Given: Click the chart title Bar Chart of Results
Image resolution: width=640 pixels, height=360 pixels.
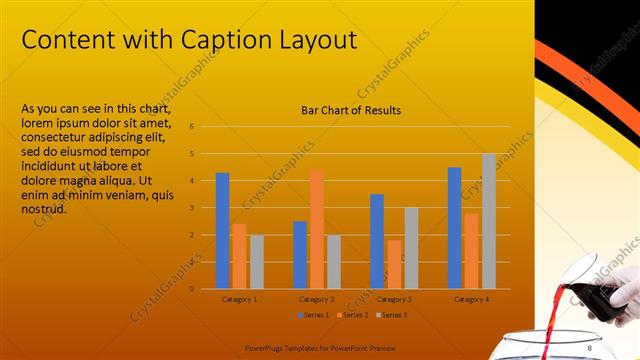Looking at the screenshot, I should coord(351,110).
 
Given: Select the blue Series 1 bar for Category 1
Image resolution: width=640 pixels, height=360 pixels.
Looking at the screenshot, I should coord(222,231).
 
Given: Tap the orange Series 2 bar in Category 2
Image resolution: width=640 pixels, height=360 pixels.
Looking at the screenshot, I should coord(316,229).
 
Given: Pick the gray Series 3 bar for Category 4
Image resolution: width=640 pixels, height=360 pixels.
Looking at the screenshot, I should coord(489,221).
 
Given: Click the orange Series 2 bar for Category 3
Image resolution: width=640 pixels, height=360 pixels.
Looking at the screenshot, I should coord(394,264).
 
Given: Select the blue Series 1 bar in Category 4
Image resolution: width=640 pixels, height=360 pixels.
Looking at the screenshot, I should coord(454,228).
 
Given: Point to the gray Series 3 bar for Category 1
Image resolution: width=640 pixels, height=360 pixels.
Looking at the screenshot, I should coord(257,262).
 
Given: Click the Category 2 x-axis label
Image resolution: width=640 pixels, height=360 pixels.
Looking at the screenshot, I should coord(317,299).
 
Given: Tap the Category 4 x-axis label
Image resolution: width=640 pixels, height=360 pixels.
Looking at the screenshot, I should coord(471,299).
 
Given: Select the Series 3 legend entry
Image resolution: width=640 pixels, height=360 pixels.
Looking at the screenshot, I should coord(391,315).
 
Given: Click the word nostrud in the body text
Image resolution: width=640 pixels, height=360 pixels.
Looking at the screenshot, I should coord(43,208).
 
